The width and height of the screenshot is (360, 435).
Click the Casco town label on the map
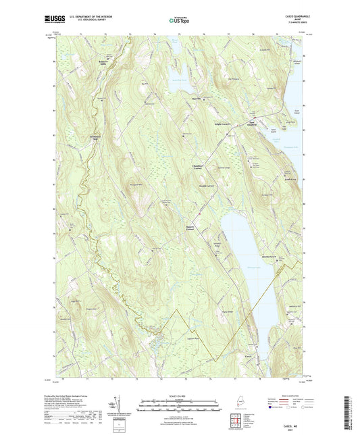pos(249,357)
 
